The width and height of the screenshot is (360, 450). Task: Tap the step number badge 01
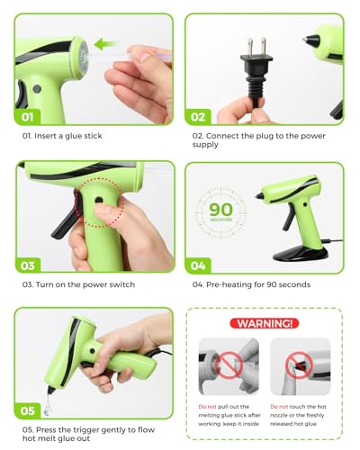coord(29,116)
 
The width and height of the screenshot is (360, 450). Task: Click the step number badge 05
coord(29,411)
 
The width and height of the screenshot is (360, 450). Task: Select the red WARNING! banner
coord(265,323)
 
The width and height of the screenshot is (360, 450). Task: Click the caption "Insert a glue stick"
coord(62,137)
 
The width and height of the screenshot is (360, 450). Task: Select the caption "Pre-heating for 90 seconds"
coord(251,284)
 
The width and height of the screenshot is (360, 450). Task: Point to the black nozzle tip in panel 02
coord(314,41)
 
